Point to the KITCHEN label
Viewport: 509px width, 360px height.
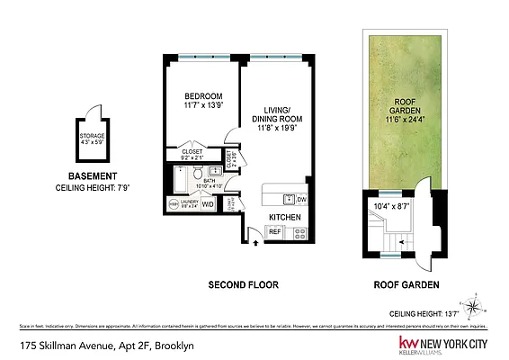(x=284, y=218)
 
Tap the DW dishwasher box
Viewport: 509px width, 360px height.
(x=301, y=200)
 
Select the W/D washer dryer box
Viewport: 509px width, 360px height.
(x=208, y=204)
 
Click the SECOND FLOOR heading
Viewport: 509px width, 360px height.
(x=243, y=285)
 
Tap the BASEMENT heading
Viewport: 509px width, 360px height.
(x=92, y=176)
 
